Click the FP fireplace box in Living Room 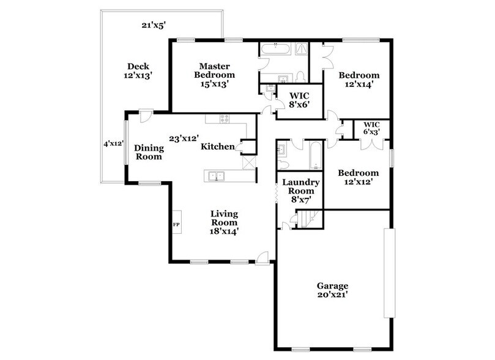pos(176,224)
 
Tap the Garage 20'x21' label pos(332,290)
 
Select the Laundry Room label pos(301,191)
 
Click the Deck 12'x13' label pos(138,71)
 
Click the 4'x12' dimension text pos(114,144)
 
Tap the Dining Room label pos(148,152)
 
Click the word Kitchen pos(217,146)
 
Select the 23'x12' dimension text pos(184,138)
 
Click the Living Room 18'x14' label pos(224,222)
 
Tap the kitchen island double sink pos(217,177)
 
